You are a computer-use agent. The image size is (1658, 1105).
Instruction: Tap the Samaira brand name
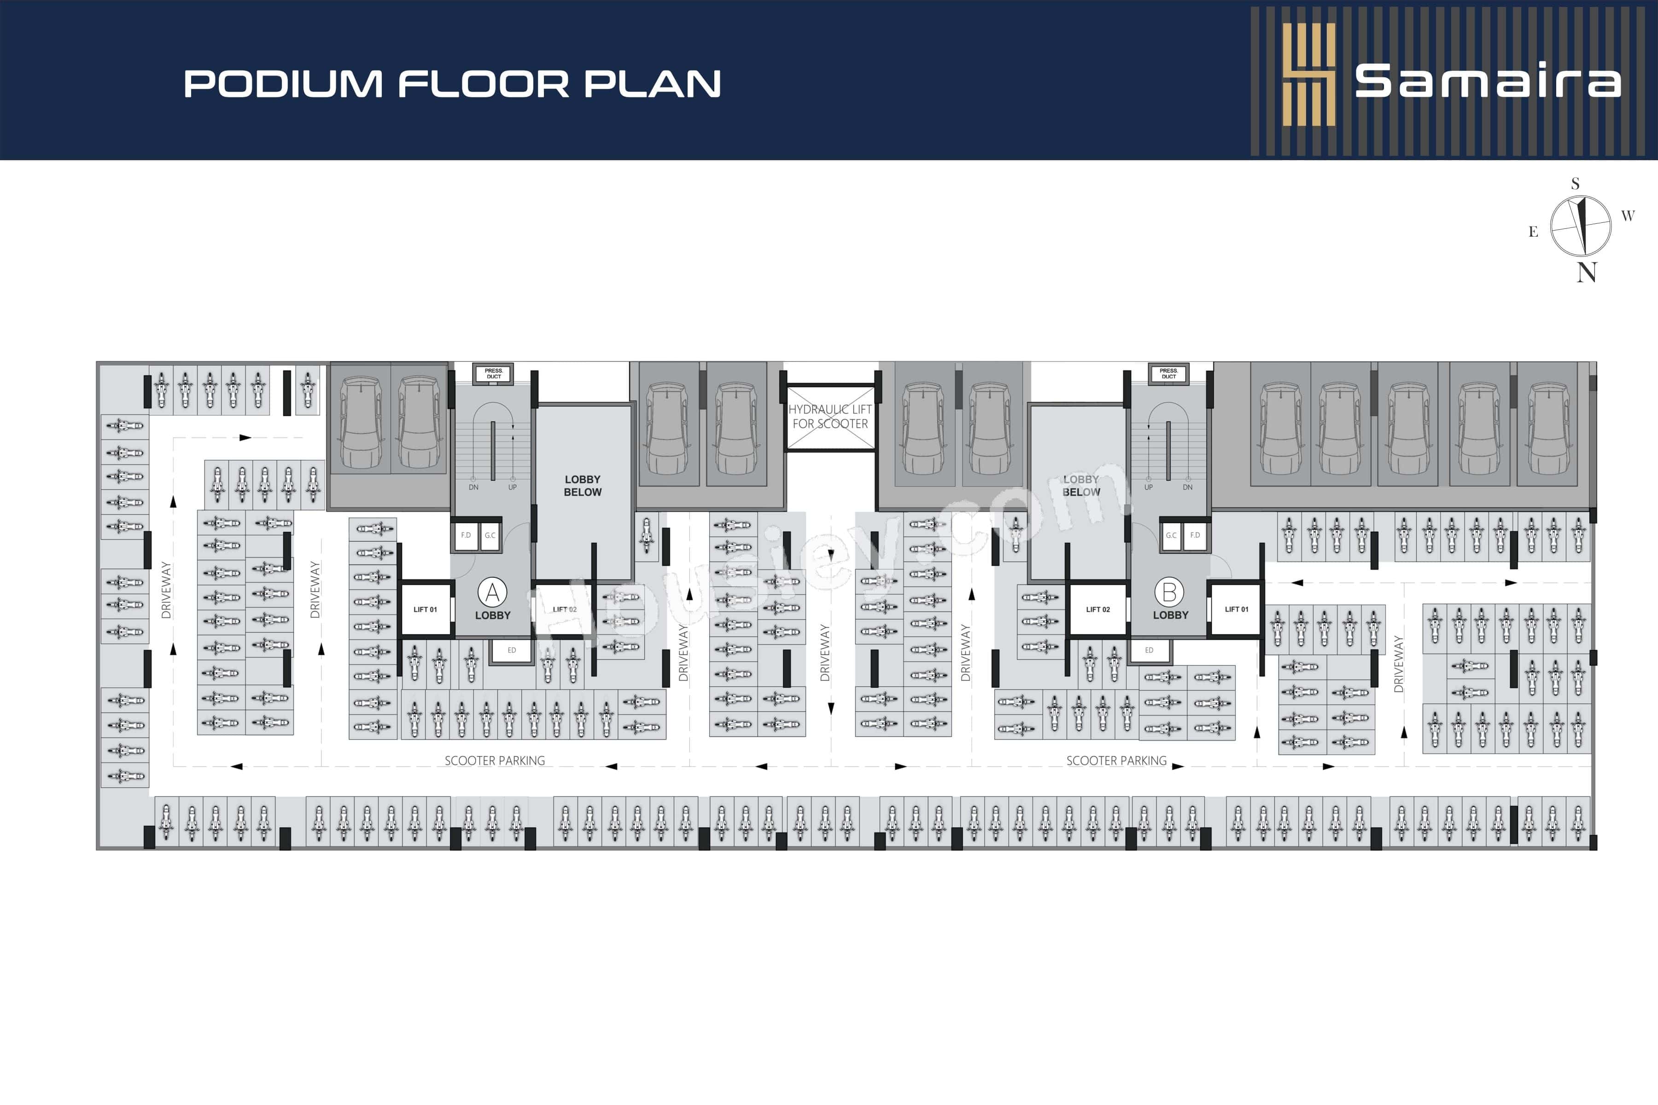coord(1488,82)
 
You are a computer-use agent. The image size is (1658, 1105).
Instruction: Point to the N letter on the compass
coord(1587,273)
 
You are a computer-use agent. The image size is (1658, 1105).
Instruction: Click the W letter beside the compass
coord(1628,215)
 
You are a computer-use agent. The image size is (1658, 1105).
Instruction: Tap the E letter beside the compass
coord(1533,232)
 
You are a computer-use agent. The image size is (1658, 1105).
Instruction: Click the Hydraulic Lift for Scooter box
coord(830,417)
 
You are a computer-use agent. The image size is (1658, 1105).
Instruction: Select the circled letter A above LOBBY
coord(492,593)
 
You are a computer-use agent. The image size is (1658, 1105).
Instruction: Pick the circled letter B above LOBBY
coord(1169,592)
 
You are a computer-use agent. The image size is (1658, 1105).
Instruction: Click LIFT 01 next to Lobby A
coord(425,610)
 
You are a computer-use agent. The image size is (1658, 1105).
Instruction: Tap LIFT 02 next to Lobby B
coord(1098,610)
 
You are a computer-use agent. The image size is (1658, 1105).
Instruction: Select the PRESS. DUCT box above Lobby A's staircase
coord(493,373)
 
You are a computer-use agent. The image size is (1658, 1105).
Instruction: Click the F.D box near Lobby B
coord(1195,535)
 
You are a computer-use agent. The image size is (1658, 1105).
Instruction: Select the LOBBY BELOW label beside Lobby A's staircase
coord(582,486)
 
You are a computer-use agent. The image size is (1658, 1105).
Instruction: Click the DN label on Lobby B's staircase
coord(1188,487)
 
